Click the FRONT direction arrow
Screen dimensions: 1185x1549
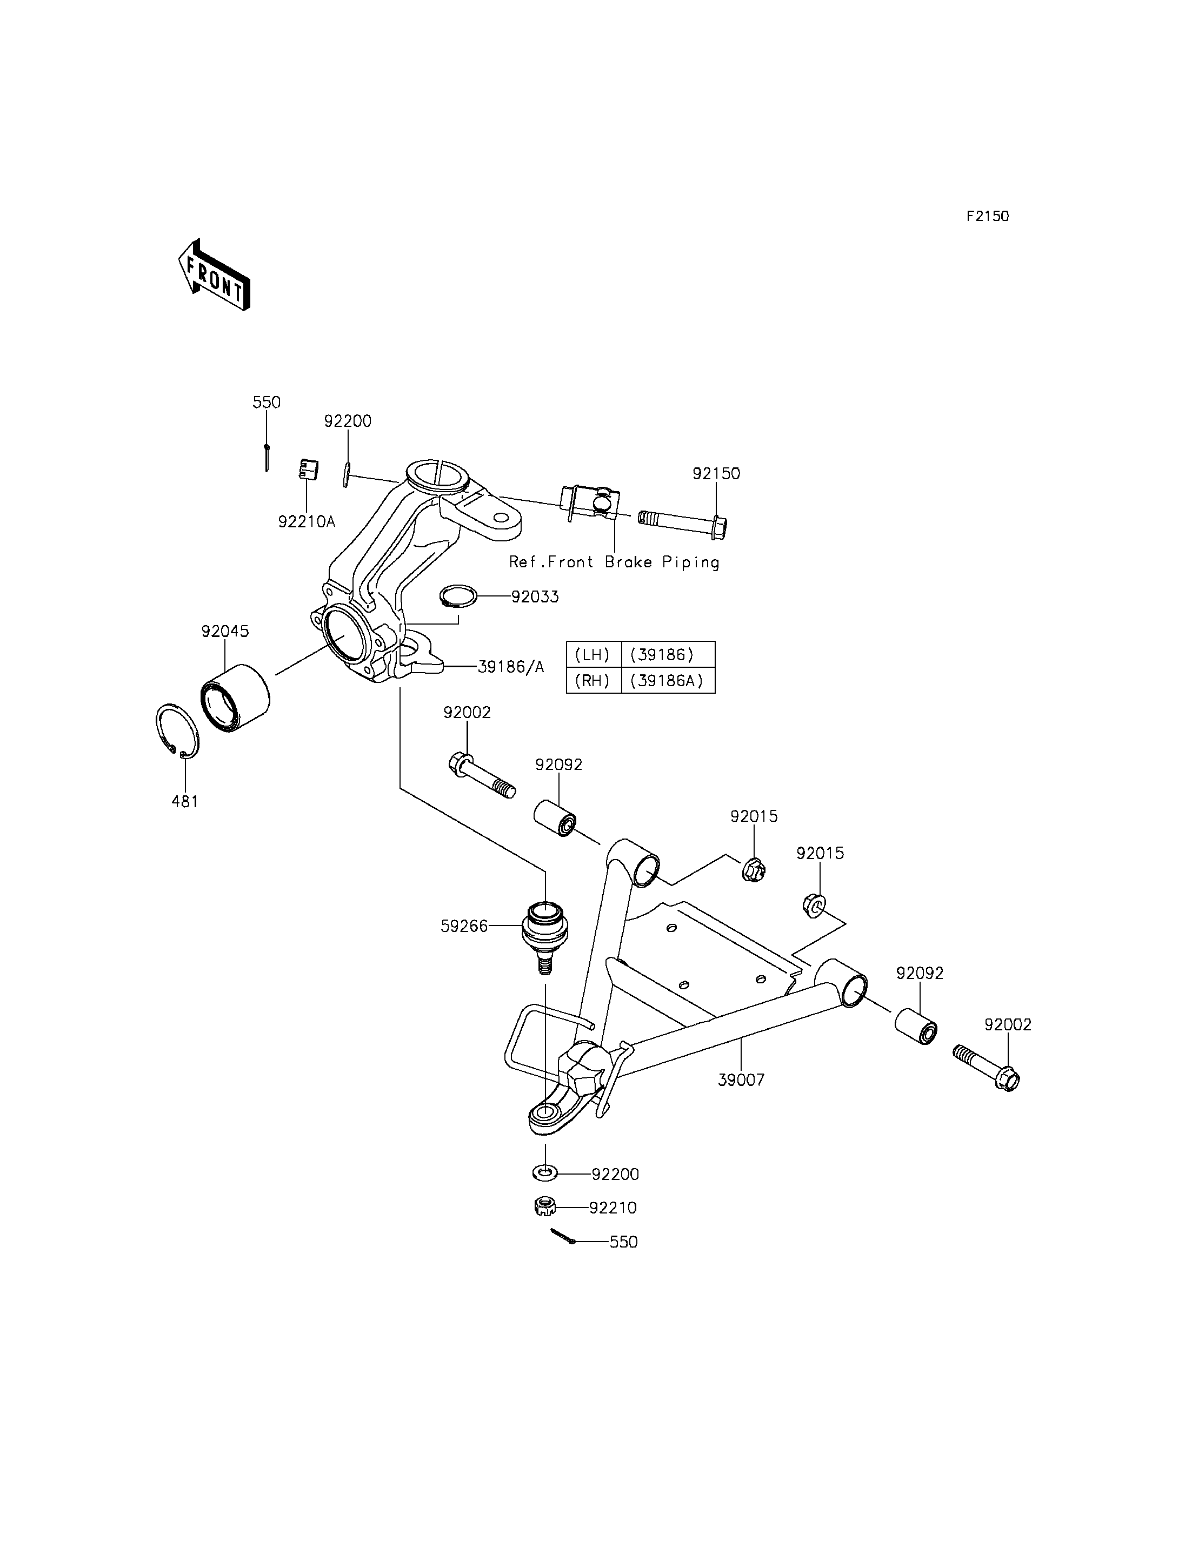[214, 274]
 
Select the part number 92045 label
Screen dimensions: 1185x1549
[225, 631]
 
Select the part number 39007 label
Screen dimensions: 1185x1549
[741, 1079]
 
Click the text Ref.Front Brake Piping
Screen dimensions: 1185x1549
[614, 562]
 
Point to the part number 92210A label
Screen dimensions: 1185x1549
[307, 522]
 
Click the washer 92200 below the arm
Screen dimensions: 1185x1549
[544, 1173]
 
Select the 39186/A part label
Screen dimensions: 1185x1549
[511, 667]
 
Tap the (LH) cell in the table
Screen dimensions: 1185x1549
[593, 654]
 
